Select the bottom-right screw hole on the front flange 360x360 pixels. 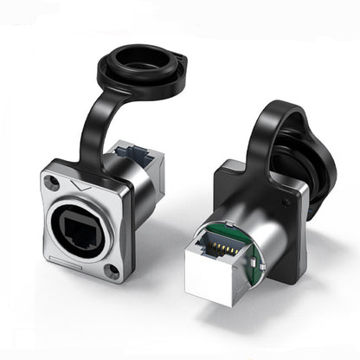pyautogui.click(x=112, y=273)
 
